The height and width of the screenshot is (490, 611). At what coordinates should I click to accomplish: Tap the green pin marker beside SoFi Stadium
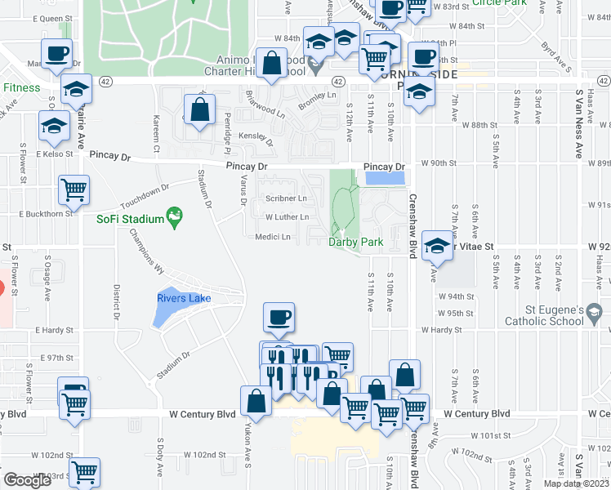[x=172, y=217]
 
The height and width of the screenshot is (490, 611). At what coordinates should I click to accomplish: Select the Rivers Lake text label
[x=184, y=298]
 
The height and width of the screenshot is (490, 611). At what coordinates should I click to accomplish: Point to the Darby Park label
[x=356, y=242]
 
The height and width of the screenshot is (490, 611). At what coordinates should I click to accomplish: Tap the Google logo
[x=27, y=480]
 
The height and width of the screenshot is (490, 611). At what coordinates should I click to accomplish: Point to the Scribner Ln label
[x=287, y=198]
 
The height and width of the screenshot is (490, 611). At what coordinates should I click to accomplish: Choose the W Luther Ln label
[x=288, y=217]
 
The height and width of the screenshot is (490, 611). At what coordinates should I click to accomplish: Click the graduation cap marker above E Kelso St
[x=55, y=127]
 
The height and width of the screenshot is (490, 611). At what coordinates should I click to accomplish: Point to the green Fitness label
[x=21, y=87]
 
